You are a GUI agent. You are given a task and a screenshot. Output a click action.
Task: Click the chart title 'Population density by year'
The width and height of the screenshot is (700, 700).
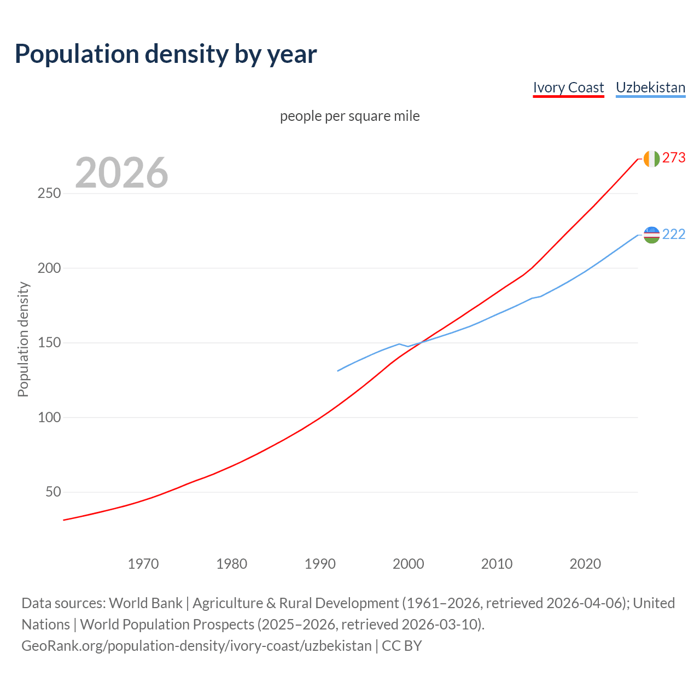(166, 54)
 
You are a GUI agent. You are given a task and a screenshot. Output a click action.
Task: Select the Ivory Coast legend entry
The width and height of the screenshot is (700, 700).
(568, 87)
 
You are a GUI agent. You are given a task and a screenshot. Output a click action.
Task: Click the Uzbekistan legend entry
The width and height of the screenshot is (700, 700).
(650, 87)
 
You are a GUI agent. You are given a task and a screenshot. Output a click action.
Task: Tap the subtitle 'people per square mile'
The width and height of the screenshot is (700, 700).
(349, 116)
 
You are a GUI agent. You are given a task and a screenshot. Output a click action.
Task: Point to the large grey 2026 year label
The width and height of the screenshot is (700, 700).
(121, 173)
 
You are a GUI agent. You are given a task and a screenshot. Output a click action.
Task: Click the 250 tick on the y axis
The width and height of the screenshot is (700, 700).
(49, 194)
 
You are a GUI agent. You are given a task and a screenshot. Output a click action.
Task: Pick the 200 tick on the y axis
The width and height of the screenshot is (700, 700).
(49, 269)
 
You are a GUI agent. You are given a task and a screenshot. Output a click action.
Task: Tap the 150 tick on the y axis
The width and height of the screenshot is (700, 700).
(49, 343)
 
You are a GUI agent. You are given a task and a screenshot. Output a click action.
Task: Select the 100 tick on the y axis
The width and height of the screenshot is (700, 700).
(49, 418)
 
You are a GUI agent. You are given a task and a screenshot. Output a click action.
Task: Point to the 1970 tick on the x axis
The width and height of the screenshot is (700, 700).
(143, 564)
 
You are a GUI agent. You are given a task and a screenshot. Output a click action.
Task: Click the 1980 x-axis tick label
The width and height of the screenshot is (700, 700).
(232, 564)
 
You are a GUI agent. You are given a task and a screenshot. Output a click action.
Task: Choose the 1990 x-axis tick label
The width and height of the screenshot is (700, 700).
(320, 564)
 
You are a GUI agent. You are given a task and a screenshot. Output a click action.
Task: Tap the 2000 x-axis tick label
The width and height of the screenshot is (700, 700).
(409, 564)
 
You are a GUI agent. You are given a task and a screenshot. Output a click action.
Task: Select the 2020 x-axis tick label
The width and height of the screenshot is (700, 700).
(585, 564)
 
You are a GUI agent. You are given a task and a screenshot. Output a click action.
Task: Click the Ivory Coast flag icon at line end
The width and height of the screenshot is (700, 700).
(651, 159)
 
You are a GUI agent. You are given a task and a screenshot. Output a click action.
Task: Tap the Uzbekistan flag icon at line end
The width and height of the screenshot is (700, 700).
(651, 235)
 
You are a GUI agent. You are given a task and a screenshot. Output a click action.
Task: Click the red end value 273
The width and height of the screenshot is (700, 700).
(674, 158)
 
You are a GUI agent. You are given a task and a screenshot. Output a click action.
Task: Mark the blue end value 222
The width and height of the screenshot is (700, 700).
(674, 235)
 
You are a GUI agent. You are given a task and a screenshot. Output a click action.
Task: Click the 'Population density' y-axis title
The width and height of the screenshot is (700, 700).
(23, 339)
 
